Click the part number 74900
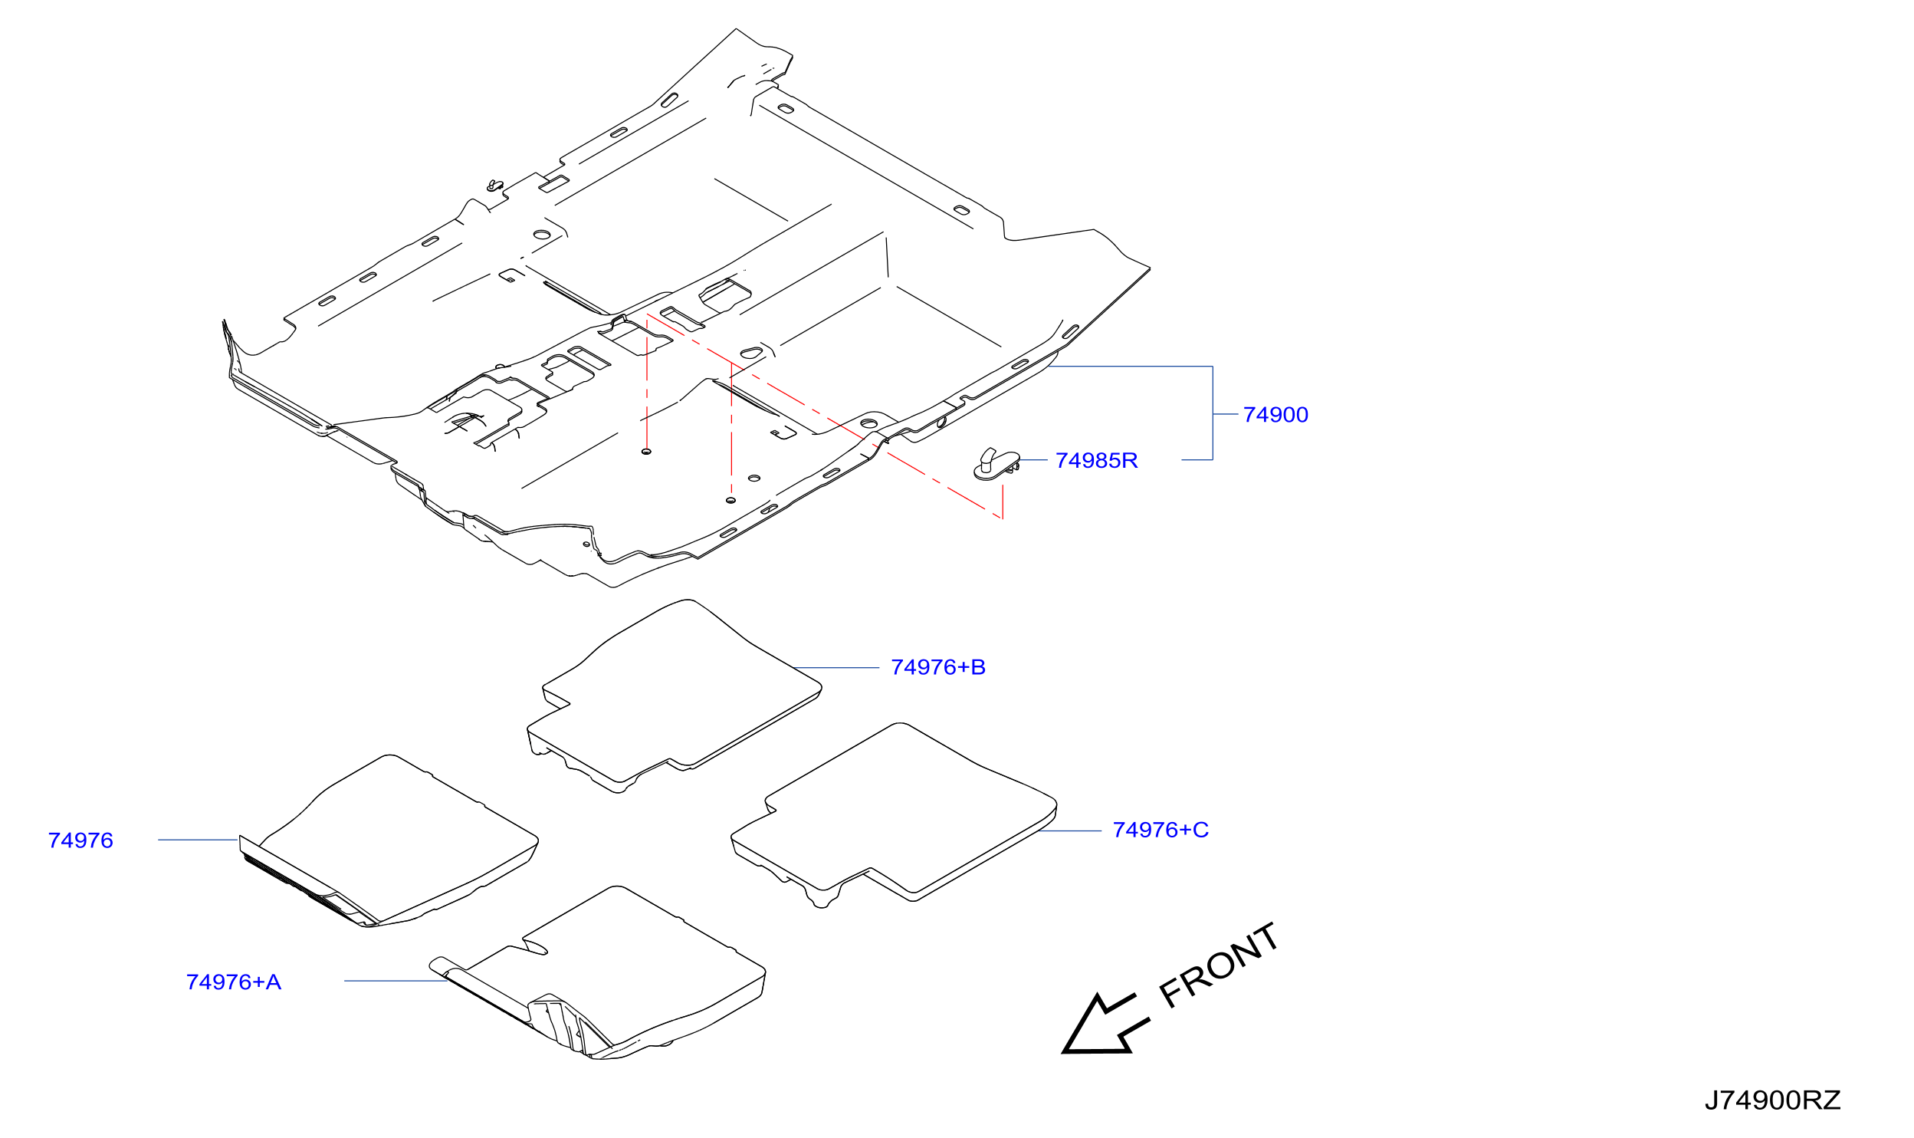point(1275,415)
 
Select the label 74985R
point(1096,461)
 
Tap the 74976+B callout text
point(938,667)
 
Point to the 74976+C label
point(1161,830)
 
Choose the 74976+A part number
point(234,982)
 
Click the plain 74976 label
point(80,840)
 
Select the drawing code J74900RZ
point(1772,1101)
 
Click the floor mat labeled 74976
point(389,840)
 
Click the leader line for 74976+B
point(836,668)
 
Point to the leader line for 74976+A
point(396,981)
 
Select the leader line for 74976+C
point(1070,830)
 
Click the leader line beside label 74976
point(199,840)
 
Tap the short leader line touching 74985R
point(1033,460)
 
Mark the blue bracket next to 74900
point(1213,414)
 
